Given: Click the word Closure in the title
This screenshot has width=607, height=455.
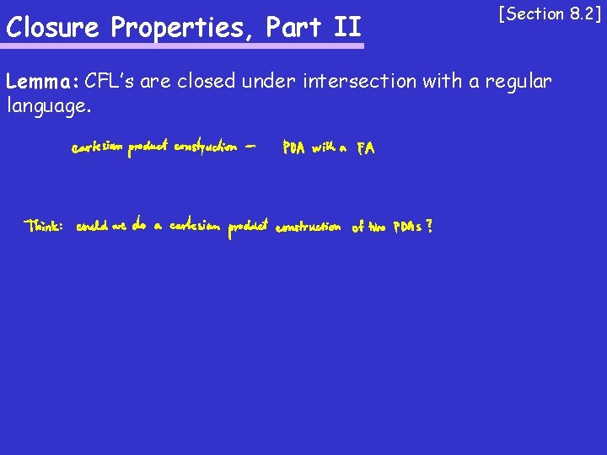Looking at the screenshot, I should [54, 27].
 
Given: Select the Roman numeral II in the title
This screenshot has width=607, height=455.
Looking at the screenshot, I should [346, 27].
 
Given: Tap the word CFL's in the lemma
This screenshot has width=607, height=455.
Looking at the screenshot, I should [110, 82].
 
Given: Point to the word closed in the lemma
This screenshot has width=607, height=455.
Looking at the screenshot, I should [207, 82].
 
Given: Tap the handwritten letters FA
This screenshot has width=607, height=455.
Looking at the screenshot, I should [366, 149].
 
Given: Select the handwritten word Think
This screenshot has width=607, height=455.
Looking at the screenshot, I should [44, 227].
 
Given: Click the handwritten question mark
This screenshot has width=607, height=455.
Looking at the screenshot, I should [430, 226].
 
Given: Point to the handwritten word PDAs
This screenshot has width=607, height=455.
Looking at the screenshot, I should [407, 227].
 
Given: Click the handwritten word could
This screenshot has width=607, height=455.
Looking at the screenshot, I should [90, 227].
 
